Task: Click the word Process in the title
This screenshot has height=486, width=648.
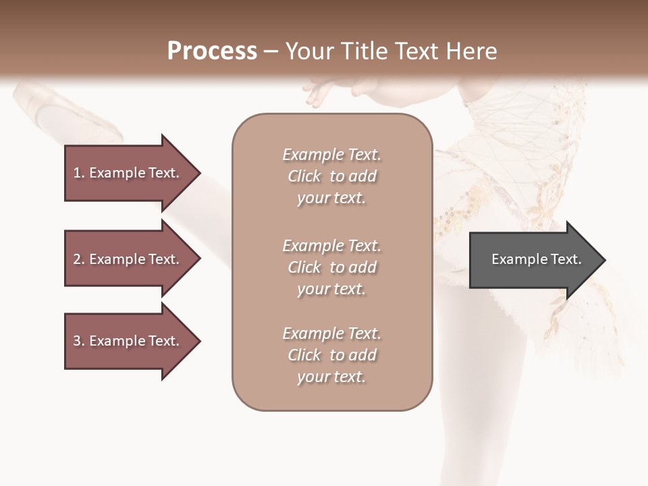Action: pyautogui.click(x=212, y=51)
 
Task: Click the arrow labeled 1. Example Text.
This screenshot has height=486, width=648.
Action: pyautogui.click(x=128, y=173)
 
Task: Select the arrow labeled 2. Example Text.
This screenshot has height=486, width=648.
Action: pyautogui.click(x=128, y=259)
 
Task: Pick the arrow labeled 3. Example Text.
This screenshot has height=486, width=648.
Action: pyautogui.click(x=128, y=341)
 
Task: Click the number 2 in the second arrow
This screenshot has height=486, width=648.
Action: pyautogui.click(x=77, y=259)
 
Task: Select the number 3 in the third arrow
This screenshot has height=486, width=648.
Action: pyautogui.click(x=77, y=341)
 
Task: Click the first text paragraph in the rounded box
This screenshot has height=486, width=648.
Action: pyautogui.click(x=331, y=176)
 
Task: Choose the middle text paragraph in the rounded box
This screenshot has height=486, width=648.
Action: pyautogui.click(x=331, y=267)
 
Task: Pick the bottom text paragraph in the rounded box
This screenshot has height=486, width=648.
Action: pyautogui.click(x=331, y=355)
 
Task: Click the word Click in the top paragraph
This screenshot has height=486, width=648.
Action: pyautogui.click(x=304, y=176)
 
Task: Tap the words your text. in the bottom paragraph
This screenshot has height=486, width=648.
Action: pyautogui.click(x=331, y=377)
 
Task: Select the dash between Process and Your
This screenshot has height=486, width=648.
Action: pyautogui.click(x=271, y=52)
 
